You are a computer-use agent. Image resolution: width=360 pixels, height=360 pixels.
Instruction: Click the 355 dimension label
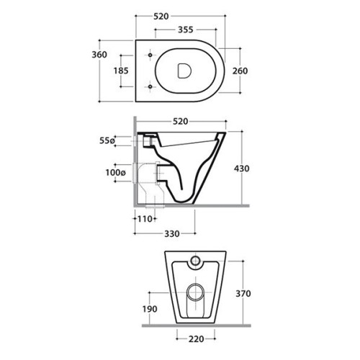(186, 30)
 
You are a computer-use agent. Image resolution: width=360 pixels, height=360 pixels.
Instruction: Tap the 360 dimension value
(99, 55)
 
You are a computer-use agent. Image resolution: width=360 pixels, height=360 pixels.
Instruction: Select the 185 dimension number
(121, 71)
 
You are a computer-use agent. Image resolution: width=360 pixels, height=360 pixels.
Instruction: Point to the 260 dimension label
(240, 71)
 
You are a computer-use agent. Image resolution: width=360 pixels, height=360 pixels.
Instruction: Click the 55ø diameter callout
(107, 140)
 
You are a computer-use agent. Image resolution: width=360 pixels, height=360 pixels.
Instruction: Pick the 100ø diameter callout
(116, 172)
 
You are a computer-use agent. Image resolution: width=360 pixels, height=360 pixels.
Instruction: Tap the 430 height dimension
(242, 168)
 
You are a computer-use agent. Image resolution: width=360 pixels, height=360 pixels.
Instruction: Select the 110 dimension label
(145, 219)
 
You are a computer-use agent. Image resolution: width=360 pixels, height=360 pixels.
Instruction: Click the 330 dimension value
(172, 233)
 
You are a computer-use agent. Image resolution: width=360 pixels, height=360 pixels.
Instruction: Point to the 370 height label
(243, 294)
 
